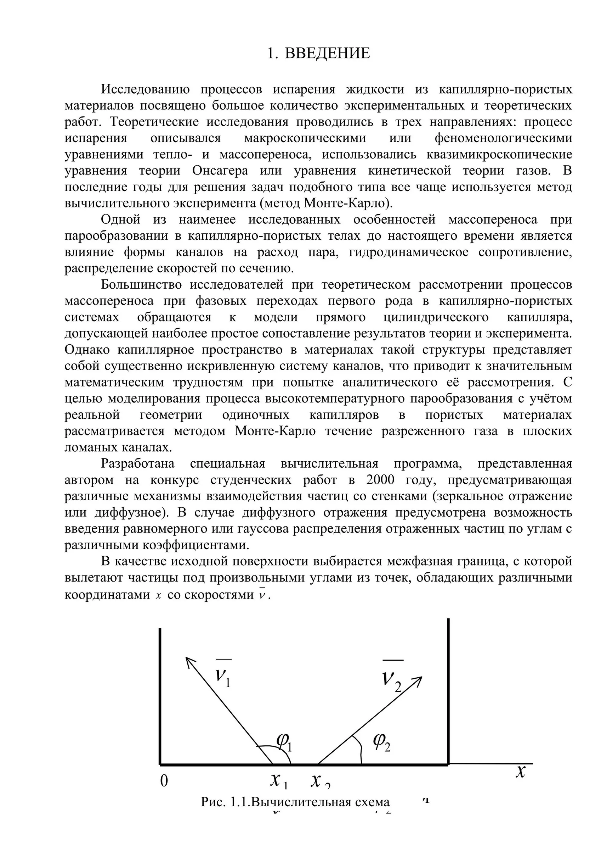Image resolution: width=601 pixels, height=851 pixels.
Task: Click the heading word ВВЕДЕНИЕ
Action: (x=327, y=54)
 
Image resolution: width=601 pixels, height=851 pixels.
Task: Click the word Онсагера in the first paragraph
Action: (x=220, y=171)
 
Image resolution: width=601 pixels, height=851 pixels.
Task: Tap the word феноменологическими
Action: (x=503, y=138)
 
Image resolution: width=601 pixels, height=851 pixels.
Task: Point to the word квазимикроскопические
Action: (x=499, y=155)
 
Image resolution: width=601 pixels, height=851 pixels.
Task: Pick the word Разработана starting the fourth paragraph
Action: (x=137, y=464)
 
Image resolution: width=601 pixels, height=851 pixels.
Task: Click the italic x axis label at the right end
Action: (x=520, y=772)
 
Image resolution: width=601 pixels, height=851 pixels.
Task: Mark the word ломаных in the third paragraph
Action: (x=91, y=447)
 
